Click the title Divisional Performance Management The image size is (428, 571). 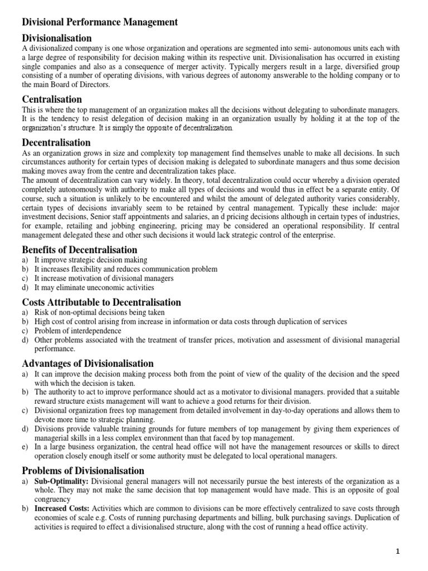tap(100, 22)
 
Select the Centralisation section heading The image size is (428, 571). tap(56, 99)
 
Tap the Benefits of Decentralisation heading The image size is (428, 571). tap(79, 249)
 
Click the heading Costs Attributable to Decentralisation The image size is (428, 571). tap(101, 302)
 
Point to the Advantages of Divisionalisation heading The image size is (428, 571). tap(87, 364)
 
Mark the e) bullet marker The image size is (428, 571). tap(25, 447)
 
